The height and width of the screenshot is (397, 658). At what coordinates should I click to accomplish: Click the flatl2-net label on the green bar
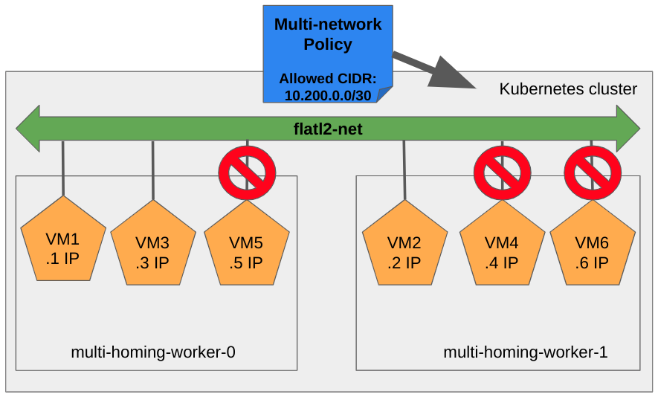(327, 130)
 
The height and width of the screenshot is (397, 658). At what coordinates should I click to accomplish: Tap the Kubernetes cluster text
(568, 90)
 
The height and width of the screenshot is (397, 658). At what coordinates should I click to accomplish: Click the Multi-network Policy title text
(328, 34)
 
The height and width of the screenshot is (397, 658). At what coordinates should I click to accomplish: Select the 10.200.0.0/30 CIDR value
(328, 95)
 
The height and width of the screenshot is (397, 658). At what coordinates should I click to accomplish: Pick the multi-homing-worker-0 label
(153, 352)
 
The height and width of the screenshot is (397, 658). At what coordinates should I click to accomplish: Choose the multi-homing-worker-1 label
(526, 352)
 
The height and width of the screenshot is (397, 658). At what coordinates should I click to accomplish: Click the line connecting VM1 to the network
(62, 170)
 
